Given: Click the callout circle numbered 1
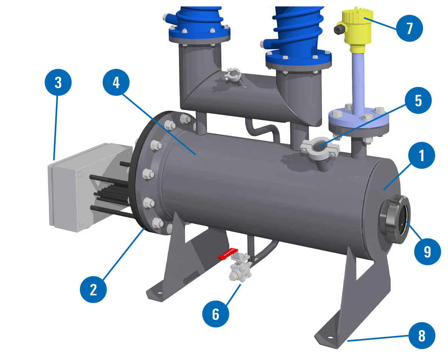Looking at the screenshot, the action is pyautogui.click(x=422, y=155).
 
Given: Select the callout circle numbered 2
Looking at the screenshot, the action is pyautogui.click(x=93, y=289).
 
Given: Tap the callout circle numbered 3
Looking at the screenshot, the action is pyautogui.click(x=58, y=82).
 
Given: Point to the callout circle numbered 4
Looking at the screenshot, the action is pyautogui.click(x=116, y=82).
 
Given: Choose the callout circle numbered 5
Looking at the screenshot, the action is pyautogui.click(x=418, y=100).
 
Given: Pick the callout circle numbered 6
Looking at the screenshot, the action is pyautogui.click(x=215, y=314).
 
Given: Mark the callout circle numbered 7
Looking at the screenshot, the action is pyautogui.click(x=409, y=28).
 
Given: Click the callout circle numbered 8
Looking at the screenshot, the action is pyautogui.click(x=422, y=335).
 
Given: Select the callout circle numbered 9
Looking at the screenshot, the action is pyautogui.click(x=428, y=251).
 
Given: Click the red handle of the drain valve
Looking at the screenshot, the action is pyautogui.click(x=228, y=253).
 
